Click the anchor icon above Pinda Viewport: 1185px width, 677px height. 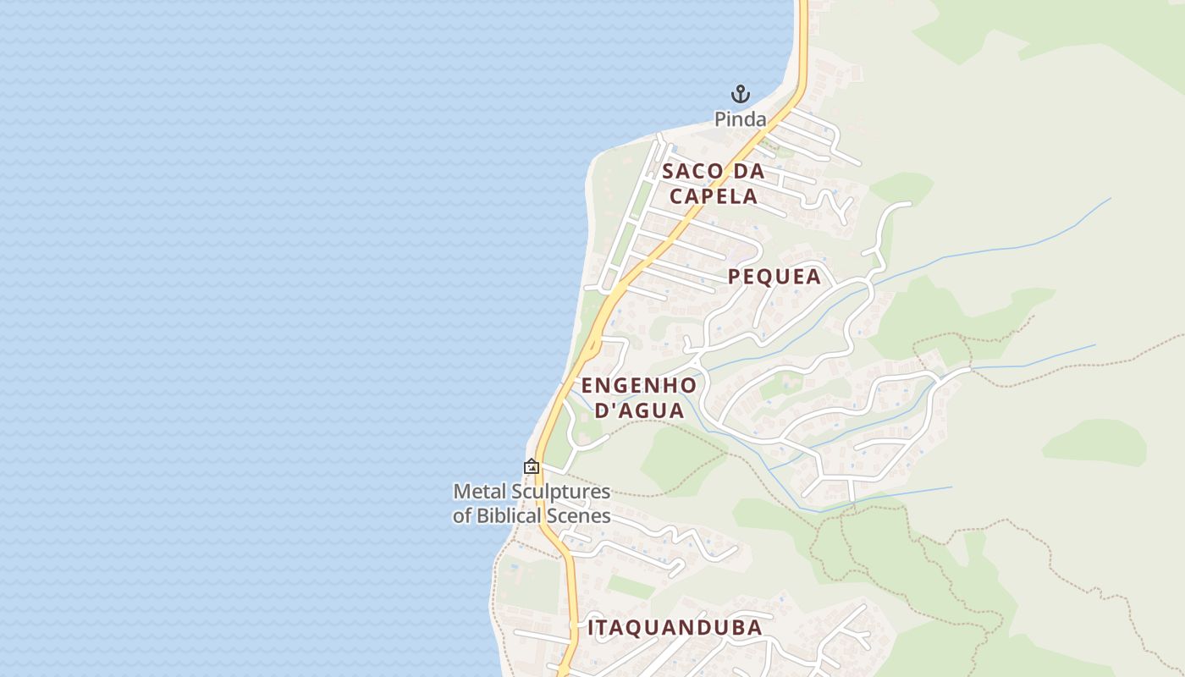coord(741,93)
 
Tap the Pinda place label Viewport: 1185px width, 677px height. coord(741,119)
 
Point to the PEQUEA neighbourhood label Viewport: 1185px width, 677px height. coord(774,277)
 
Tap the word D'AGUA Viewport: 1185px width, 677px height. coord(639,411)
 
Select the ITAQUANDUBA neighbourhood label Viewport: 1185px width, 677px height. coord(675,628)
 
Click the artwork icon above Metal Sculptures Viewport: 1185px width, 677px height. coord(532,466)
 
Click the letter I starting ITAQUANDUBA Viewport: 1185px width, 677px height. coord(591,628)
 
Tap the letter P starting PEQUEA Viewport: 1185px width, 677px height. coord(734,277)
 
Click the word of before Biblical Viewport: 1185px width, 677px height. coord(462,515)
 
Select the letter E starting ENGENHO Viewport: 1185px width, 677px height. coord(587,386)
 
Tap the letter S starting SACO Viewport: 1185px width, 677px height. coord(668,171)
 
